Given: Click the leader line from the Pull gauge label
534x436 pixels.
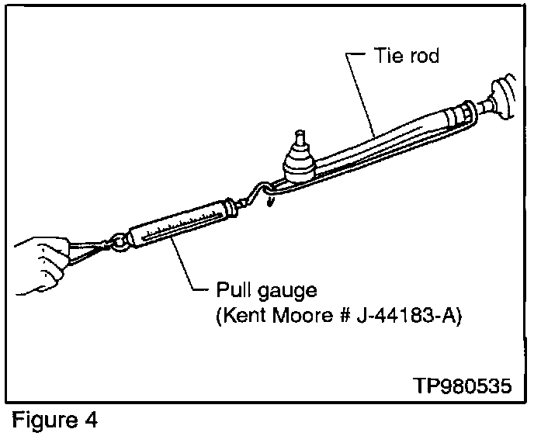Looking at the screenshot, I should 186,268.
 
